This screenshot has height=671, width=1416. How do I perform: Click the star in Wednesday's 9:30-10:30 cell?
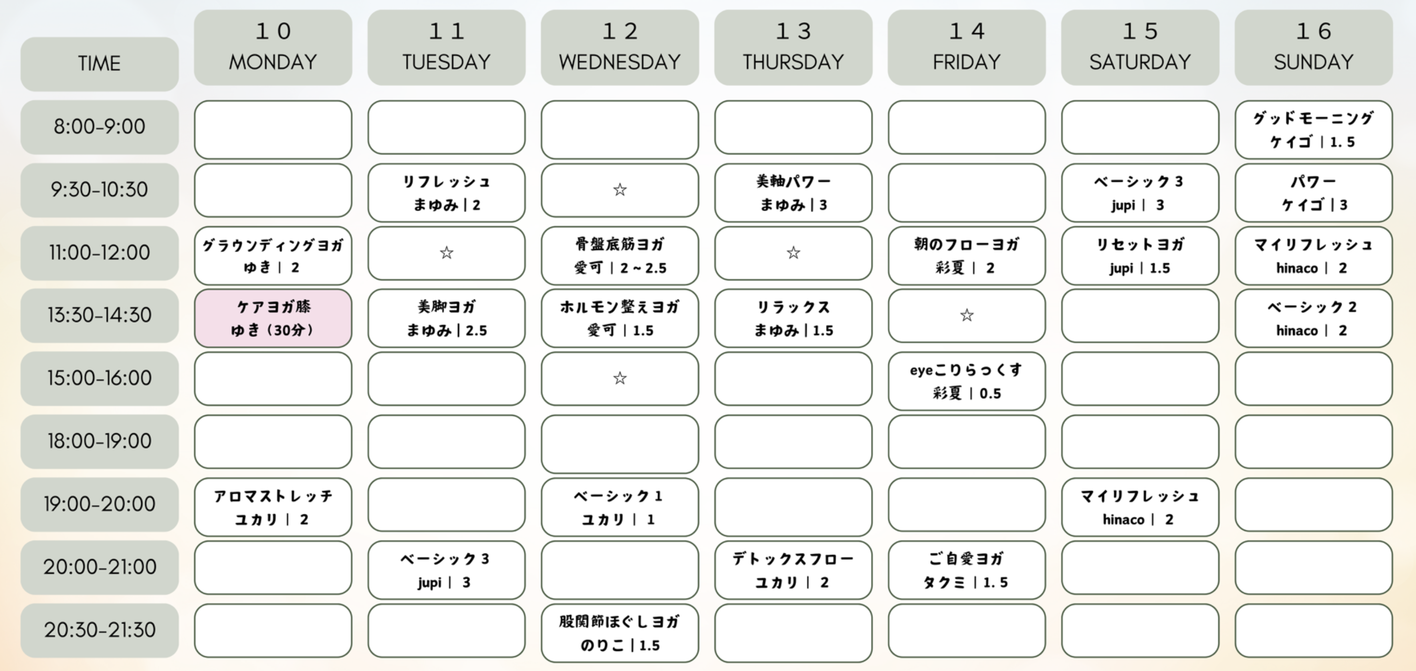620,190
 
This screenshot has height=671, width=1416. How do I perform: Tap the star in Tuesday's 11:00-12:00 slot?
446,252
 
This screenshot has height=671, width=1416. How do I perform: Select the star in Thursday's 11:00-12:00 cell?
793,252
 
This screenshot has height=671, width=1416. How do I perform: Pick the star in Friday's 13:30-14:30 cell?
966,315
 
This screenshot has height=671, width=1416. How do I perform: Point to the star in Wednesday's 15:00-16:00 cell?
620,378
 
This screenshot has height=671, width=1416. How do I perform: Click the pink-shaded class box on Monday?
273,318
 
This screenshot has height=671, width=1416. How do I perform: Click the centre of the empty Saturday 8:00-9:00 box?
1140,127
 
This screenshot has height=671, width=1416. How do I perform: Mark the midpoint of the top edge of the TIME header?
99,38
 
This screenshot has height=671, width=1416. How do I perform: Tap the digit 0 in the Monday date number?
284,31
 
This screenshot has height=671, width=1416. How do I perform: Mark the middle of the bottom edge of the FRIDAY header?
966,85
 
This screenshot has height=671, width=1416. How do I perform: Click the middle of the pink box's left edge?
195,318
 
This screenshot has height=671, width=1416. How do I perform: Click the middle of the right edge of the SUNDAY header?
1392,47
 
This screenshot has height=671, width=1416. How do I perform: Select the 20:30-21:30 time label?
99,630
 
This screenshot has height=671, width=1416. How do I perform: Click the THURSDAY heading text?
793,62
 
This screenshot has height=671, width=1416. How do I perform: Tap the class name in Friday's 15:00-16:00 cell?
966,370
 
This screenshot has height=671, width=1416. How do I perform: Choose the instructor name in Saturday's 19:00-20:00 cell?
1123,519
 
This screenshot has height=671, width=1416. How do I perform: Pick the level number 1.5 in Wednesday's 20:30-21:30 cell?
649,645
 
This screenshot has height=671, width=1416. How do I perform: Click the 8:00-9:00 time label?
99,126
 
